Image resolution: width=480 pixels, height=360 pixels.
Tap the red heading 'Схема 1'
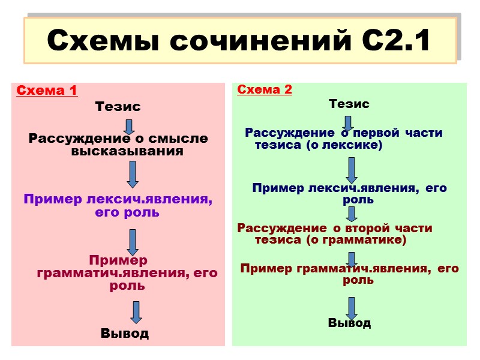46,91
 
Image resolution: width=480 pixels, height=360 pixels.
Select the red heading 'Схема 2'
265,90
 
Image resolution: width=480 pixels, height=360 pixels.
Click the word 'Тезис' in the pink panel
118,107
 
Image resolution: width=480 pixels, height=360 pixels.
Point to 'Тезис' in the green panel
349,104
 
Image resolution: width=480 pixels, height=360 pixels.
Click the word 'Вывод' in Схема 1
125,333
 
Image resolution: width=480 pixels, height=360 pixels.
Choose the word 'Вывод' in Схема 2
349,323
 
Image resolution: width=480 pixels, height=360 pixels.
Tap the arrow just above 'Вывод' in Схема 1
136,312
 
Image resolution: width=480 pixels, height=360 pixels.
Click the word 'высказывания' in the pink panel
127,151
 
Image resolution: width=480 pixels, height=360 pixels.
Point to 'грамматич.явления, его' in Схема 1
127,273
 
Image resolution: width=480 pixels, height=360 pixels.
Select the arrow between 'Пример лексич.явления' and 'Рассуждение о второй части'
352,214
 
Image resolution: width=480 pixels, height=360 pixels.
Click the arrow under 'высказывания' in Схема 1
133,174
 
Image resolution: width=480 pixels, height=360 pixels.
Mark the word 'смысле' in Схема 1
181,139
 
